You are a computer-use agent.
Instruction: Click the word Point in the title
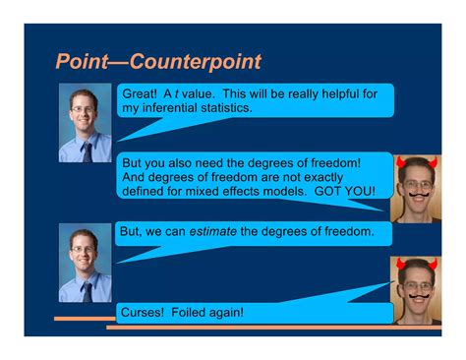82,61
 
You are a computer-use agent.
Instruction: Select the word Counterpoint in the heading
196,61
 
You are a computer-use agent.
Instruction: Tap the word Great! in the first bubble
140,94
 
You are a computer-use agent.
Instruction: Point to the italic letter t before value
176,94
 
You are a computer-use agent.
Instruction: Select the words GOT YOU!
345,191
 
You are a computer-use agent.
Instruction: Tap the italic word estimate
213,231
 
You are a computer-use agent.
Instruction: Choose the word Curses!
143,312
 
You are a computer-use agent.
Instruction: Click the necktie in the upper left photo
87,152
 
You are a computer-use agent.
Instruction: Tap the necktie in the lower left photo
87,292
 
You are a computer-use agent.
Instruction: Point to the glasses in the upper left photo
83,109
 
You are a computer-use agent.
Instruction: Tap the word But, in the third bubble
131,231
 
